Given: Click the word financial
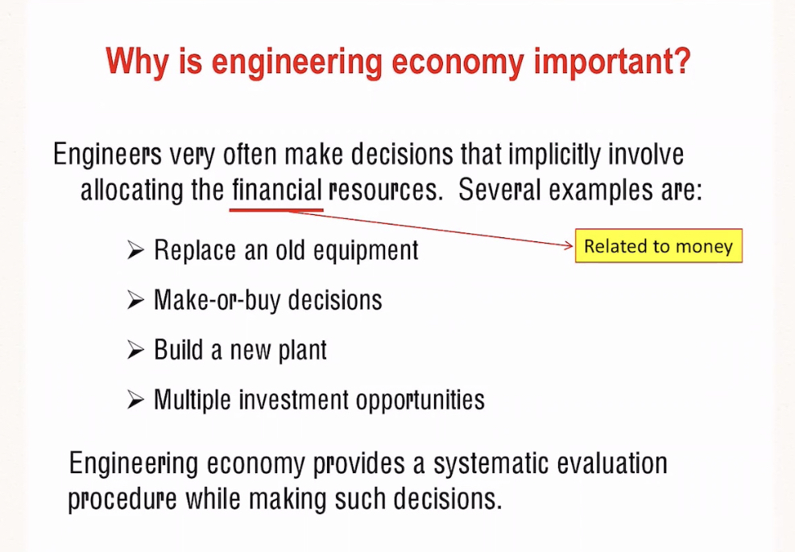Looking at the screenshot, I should [276, 190].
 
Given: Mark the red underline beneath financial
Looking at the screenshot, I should [276, 209].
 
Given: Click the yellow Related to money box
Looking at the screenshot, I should [658, 246].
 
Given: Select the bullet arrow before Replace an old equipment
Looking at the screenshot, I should [135, 250].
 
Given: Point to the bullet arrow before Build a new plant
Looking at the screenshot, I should [135, 350].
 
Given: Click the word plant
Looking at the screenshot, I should [302, 351].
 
